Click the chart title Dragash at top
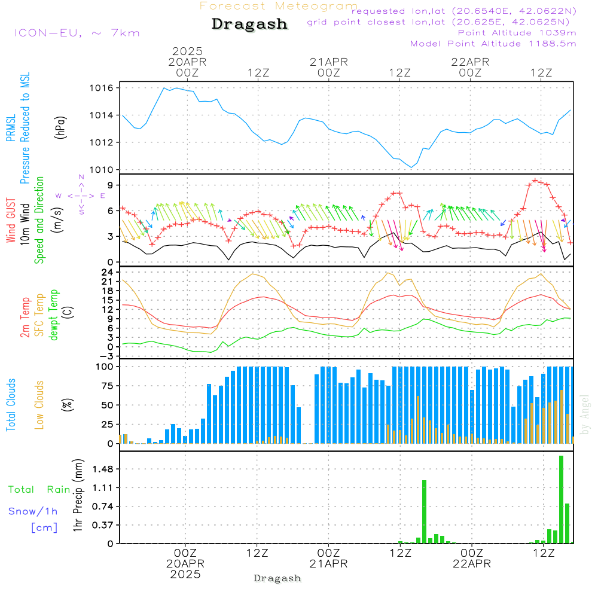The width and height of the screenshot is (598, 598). tap(249, 25)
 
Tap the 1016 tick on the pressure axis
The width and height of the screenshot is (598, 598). tap(103, 88)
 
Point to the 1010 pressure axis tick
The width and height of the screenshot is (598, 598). tap(103, 170)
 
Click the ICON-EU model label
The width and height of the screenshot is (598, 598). tap(77, 33)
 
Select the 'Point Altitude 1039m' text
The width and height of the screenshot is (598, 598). tap(517, 33)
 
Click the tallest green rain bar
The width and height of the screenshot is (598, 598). tap(561, 499)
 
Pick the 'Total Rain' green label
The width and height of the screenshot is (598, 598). tap(39, 490)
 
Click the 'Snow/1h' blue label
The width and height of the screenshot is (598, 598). tap(33, 511)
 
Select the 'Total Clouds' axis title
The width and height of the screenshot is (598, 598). tap(10, 404)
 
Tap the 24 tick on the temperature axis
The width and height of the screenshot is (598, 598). tap(108, 272)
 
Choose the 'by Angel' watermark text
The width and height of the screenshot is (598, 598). tap(585, 414)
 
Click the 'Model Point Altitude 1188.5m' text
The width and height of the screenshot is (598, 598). tap(493, 44)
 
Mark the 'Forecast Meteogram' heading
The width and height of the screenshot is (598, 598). tap(279, 6)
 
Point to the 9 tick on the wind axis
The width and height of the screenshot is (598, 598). tap(109, 185)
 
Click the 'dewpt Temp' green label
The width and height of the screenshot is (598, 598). tap(54, 315)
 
